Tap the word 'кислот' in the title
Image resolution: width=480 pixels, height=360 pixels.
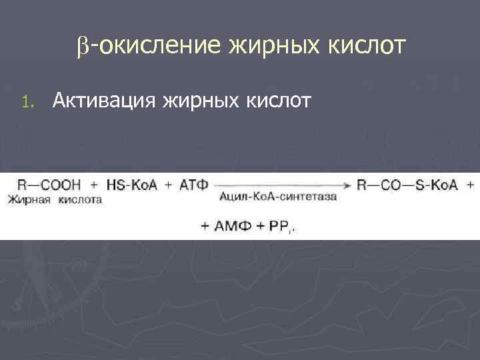[x=365, y=47]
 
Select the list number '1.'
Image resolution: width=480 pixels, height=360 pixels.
[x=26, y=102]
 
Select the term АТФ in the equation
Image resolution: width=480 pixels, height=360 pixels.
[x=195, y=185]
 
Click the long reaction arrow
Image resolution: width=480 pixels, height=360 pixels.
[x=283, y=185]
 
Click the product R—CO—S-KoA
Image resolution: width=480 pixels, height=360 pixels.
[x=407, y=185]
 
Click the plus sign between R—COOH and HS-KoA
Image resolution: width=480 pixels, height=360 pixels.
[x=93, y=185]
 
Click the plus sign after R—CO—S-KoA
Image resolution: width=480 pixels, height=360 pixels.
[x=471, y=185]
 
